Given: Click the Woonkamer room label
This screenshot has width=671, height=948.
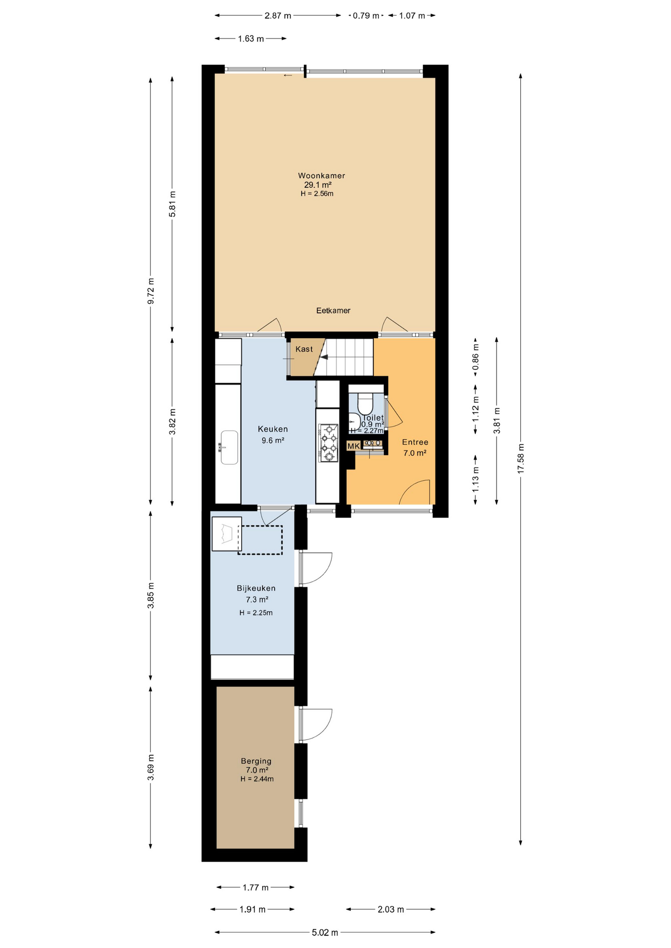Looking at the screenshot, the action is click(x=321, y=175).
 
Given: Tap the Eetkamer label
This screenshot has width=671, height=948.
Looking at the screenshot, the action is click(x=334, y=311).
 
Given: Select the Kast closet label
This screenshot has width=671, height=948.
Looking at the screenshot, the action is click(x=304, y=349).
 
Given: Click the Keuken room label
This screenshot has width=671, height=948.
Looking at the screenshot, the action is click(x=273, y=429).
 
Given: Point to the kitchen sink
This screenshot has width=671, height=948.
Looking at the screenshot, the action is click(x=229, y=447).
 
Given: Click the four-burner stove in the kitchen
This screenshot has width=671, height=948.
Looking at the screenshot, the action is click(x=329, y=443).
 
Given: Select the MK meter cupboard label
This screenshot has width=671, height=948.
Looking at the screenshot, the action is click(x=353, y=446).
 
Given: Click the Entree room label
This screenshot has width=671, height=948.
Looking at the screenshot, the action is click(x=415, y=442).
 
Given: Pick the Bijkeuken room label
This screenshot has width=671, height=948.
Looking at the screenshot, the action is click(x=256, y=588).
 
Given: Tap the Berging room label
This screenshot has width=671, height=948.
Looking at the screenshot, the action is click(x=256, y=761).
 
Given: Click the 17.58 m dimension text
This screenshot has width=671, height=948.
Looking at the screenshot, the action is click(x=520, y=459).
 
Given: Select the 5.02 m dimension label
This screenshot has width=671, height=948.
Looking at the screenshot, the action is click(x=325, y=933).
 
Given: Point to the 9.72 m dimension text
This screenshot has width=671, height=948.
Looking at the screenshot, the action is click(x=151, y=291).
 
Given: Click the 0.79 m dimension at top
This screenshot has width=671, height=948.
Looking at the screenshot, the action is click(x=366, y=16).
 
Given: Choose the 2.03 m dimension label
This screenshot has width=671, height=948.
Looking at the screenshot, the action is click(x=391, y=909).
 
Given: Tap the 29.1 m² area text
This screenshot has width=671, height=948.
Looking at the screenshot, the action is click(x=318, y=185).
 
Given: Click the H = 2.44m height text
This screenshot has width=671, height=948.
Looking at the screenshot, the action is click(x=257, y=779).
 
